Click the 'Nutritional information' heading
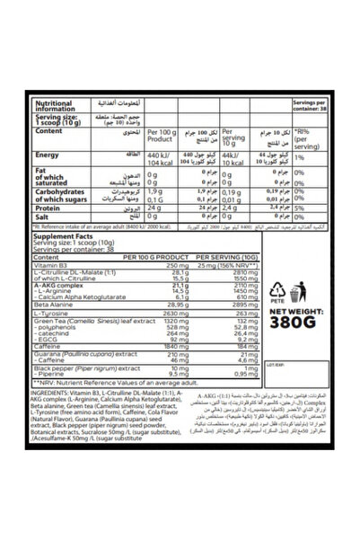pyautogui.click(x=46, y=102)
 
